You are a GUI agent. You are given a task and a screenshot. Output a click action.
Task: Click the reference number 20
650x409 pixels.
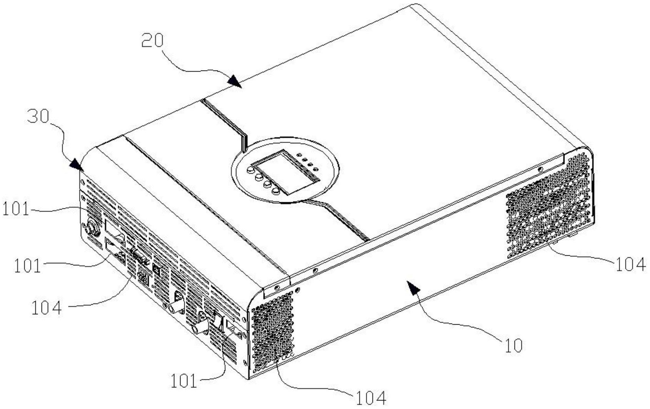pos(153,41)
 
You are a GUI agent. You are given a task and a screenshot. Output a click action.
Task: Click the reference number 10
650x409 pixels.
pos(514,346)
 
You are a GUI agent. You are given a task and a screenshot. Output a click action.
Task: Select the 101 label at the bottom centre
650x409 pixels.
pos(184,381)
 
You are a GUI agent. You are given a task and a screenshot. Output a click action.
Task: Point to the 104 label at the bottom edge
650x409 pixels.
pos(371,398)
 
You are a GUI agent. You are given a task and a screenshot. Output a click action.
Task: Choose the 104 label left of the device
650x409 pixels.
pos(47,308)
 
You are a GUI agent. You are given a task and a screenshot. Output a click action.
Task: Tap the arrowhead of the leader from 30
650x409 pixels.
pos(77,165)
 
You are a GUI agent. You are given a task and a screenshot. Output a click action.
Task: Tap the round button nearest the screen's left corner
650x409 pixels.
pos(250,169)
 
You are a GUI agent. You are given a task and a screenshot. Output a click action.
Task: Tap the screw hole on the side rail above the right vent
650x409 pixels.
pos(540,169)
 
